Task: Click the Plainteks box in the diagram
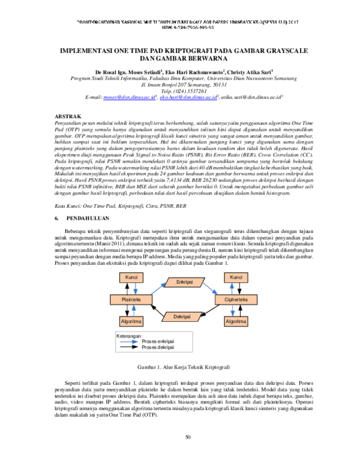(131, 298)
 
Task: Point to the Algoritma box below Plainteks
(131, 321)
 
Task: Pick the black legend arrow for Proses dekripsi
(128, 347)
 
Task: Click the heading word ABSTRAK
(61, 113)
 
